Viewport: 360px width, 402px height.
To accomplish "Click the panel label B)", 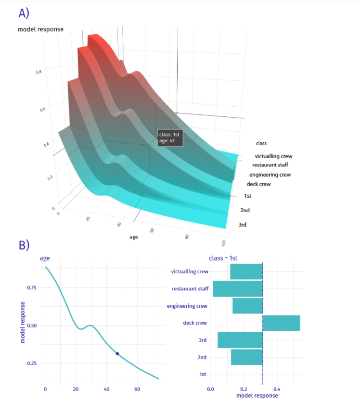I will [24, 245].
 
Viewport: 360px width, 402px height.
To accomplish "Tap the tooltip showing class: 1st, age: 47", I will [168, 138].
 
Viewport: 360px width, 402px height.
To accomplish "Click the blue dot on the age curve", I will [117, 354].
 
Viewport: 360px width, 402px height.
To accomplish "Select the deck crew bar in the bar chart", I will [281, 323].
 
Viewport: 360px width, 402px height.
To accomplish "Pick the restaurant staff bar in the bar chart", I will [238, 289].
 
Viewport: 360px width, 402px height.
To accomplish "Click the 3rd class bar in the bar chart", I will [240, 340].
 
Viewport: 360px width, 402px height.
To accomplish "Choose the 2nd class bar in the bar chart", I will [246, 357].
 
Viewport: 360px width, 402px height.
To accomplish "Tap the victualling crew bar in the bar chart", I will [246, 272].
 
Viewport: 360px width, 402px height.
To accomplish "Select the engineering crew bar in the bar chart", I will [247, 306].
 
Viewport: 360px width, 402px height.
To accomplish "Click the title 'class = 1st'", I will [223, 258].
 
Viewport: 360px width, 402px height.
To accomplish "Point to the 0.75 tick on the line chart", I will [31, 288].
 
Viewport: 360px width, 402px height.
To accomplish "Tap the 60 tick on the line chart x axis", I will [137, 389].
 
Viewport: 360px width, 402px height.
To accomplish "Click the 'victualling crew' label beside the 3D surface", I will [273, 156].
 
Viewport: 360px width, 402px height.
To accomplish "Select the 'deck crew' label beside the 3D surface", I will [258, 184].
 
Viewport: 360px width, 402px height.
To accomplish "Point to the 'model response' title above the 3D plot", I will [40, 29].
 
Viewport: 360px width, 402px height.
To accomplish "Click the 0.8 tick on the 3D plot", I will [39, 72].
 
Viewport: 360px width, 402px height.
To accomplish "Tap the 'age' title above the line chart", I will [44, 258].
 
